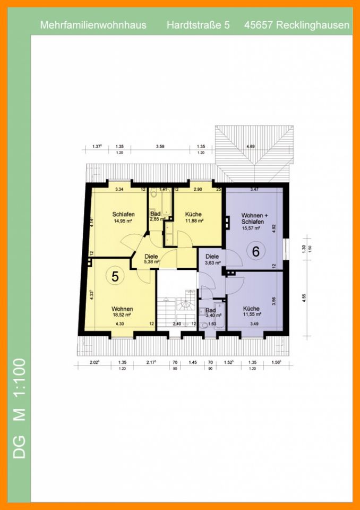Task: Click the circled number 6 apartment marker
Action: click(x=255, y=251)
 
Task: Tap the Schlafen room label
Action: click(x=122, y=215)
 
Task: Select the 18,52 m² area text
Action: click(x=122, y=314)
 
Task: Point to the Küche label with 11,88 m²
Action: click(x=194, y=215)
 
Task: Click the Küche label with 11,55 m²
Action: click(x=252, y=309)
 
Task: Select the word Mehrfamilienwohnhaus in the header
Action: click(x=93, y=25)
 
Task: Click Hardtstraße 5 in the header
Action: click(x=198, y=25)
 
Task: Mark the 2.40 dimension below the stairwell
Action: click(x=178, y=323)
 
